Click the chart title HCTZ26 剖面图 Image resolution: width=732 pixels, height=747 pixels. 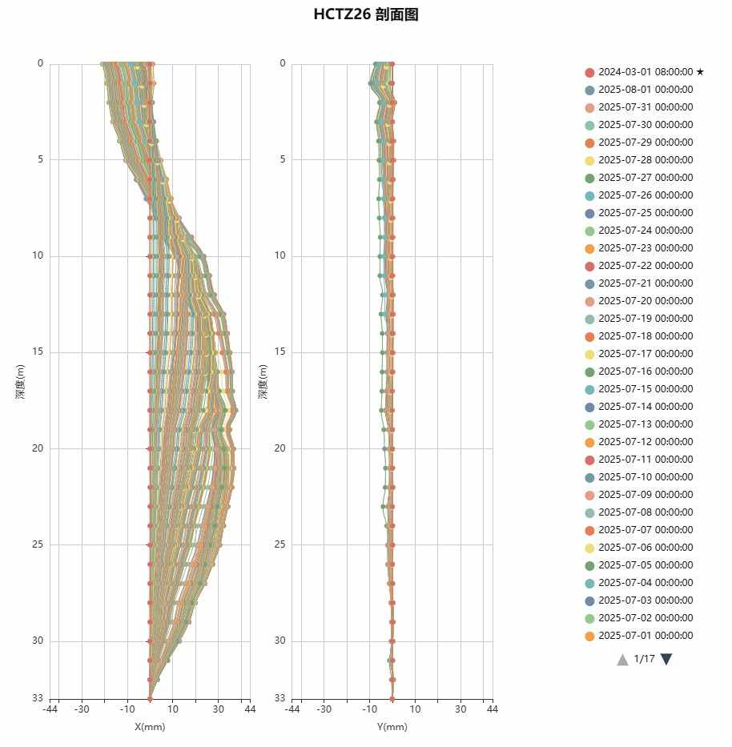coord(366,14)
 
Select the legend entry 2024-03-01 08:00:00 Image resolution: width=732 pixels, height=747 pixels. coord(646,72)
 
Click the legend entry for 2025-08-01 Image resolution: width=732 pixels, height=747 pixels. coord(646,90)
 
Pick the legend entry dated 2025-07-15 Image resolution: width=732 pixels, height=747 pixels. coord(646,389)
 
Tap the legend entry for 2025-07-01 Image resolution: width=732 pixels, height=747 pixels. coord(646,636)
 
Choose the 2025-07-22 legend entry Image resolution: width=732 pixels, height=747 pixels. coord(646,266)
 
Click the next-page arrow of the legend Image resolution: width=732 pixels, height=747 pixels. coord(666,659)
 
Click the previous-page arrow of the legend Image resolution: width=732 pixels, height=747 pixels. coord(622,659)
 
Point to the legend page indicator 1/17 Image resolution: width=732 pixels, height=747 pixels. coord(644,659)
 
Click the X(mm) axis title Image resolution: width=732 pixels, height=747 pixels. coord(150,727)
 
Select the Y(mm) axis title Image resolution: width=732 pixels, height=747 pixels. coord(392,727)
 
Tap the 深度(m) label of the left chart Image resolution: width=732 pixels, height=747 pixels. coord(20,381)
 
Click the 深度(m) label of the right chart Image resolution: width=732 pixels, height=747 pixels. coord(262,381)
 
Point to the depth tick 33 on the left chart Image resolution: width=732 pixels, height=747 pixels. coord(38,699)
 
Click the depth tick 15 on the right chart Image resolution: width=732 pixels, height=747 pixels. coord(280,352)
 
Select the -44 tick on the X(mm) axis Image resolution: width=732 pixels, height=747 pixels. coord(50,709)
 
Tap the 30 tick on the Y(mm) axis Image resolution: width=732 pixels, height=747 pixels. coord(460,709)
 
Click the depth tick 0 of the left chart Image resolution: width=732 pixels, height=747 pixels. coord(40,64)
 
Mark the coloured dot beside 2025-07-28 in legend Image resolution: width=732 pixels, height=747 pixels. coord(589,160)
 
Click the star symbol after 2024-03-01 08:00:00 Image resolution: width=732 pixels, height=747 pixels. coord(700,72)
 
